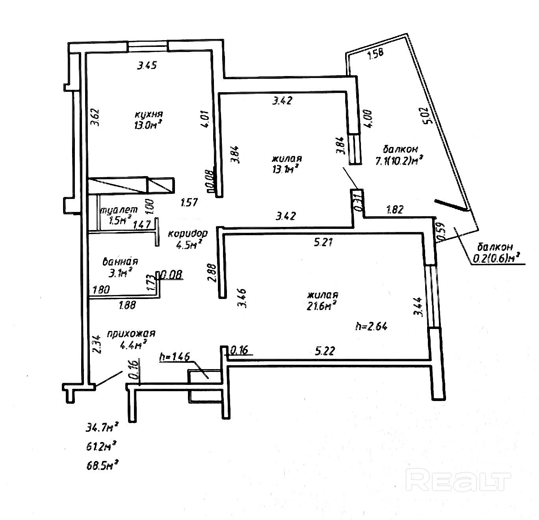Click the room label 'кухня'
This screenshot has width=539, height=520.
click(149, 114)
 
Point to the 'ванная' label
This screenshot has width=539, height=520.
click(120, 262)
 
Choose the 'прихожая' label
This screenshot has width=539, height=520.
click(131, 334)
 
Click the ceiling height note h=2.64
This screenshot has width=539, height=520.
click(371, 327)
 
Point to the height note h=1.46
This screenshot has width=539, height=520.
click(175, 357)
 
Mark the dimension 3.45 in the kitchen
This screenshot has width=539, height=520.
click(147, 65)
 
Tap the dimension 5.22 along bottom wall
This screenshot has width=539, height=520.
click(325, 351)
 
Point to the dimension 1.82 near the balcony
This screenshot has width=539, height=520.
click(395, 210)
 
